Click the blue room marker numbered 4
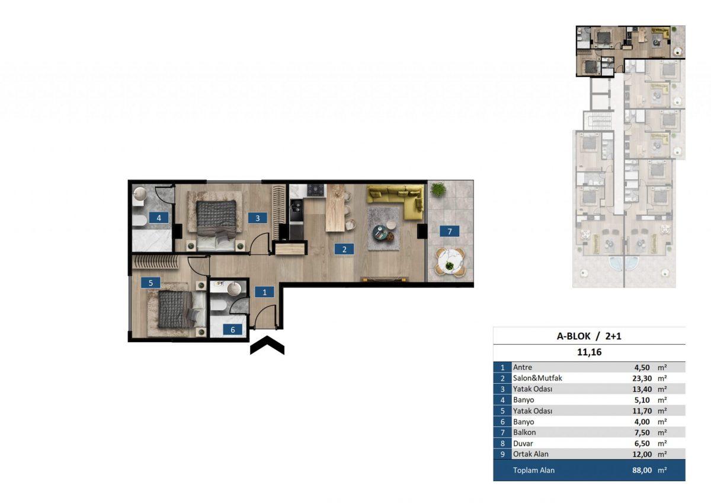tap(159, 218)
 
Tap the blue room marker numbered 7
tap(450, 231)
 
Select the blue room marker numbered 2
tap(344, 249)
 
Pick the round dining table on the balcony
tap(450, 262)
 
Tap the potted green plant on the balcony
tap(437, 189)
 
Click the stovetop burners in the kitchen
tap(315, 190)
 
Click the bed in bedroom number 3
tap(216, 224)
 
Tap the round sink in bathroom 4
tap(140, 193)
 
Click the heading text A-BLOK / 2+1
tap(589, 336)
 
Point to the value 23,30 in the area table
tap(642, 378)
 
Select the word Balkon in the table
tap(524, 432)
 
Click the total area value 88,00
tap(642, 470)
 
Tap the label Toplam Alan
tap(534, 470)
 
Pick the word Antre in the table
tap(523, 367)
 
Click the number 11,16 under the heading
tap(589, 352)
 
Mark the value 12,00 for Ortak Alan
tap(642, 454)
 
